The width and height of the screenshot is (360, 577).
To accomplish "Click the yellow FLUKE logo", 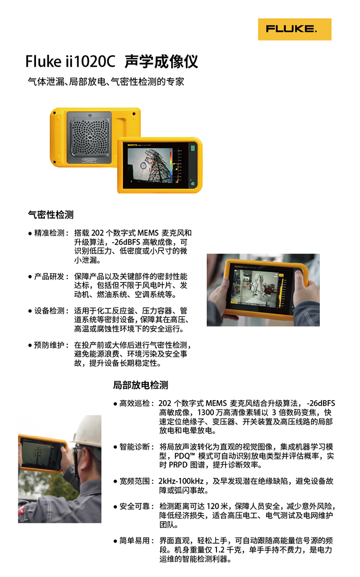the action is pos(294,29).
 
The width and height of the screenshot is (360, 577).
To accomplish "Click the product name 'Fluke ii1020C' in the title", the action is pos(70,62).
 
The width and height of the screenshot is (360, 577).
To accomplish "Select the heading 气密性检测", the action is pos(51,214).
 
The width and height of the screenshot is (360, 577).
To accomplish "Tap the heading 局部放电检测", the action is pos(140,385).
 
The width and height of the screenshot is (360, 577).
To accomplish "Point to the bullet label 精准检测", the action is pos(49,233).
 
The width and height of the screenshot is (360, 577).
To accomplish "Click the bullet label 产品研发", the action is pos(49,277).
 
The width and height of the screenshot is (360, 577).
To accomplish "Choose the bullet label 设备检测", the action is pos(49,311).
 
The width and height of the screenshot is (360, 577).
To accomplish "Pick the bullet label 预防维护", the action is pos(49,345).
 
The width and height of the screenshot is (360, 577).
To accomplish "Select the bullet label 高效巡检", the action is pos(135,403).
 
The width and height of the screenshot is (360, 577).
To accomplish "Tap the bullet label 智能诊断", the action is pos(135,447).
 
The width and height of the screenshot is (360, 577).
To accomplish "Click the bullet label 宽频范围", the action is pos(135,482).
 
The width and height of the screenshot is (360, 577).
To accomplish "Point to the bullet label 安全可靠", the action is pos(135,507).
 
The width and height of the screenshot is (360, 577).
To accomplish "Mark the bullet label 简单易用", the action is pos(135,540).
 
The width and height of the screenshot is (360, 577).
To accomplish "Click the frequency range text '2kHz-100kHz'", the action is pos(181,482).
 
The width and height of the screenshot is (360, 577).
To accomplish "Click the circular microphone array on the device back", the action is pos(90,137).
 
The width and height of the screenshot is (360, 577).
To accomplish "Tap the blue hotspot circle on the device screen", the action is pos(143,166).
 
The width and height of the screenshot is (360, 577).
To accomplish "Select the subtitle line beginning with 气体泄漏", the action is pos(106,81).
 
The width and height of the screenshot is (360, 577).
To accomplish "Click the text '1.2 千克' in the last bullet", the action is pos(230,550).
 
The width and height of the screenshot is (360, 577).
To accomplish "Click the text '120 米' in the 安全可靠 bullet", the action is pos(217,507).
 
